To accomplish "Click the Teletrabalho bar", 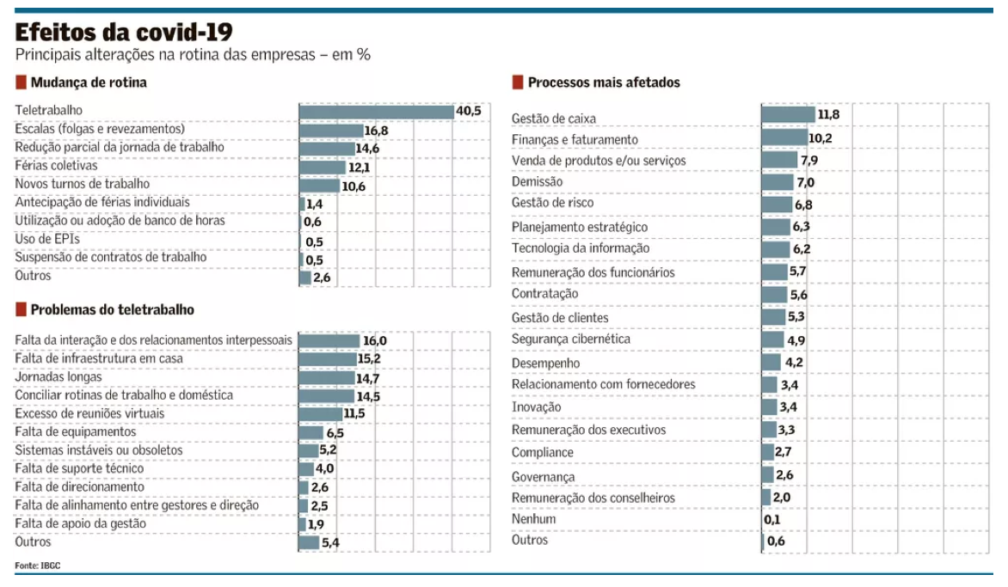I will click(376, 112).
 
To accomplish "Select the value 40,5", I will click(469, 111).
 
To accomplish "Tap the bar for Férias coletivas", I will click(323, 167).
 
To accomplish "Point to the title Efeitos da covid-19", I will click(123, 32).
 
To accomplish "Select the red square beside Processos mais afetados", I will click(518, 83).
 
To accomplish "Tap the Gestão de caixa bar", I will click(788, 115).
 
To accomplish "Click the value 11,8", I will click(828, 115).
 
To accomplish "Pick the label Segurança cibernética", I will click(571, 339).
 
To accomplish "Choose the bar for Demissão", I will click(778, 182).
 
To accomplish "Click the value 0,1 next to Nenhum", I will click(772, 520).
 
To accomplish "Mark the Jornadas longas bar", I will click(327, 377).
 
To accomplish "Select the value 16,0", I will click(375, 341).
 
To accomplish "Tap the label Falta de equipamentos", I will click(76, 432).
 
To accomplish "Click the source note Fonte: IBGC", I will click(38, 565).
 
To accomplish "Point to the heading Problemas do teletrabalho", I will click(112, 309).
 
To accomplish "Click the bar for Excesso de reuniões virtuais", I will click(320, 414).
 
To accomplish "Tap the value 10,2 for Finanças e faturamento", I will click(821, 138).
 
